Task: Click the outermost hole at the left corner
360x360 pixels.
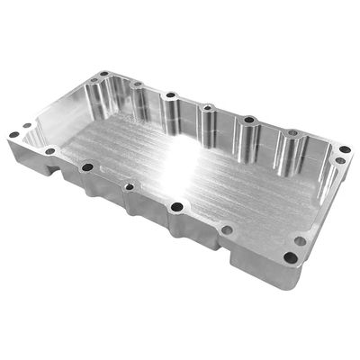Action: pyautogui.click(x=14, y=135)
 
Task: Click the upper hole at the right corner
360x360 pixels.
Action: pyautogui.click(x=345, y=148)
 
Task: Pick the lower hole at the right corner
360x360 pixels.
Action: pyautogui.click(x=338, y=161)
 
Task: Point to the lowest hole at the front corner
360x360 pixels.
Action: pyautogui.click(x=290, y=256)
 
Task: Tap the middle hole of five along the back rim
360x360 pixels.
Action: pyautogui.click(x=208, y=107)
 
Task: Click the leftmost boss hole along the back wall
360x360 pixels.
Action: pyautogui.click(x=137, y=85)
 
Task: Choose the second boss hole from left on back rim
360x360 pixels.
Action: pyautogui.click(x=171, y=94)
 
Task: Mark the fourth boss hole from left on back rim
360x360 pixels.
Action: pyautogui.click(x=247, y=120)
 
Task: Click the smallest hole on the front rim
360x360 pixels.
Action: pyautogui.click(x=130, y=187)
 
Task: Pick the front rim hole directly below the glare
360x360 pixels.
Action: pyautogui.click(x=176, y=207)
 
